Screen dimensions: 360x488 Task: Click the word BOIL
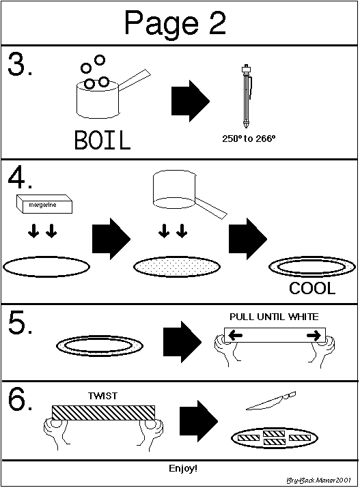point(102,141)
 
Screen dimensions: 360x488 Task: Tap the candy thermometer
point(247,96)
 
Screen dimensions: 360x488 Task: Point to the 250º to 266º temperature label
point(249,139)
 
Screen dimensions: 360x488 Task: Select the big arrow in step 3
point(191,101)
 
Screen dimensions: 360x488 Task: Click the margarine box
point(44,204)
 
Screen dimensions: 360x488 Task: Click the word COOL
point(312,289)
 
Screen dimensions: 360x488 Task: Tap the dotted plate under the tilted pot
point(177,267)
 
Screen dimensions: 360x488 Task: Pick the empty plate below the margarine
point(46,267)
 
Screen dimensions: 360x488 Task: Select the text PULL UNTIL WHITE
point(274,317)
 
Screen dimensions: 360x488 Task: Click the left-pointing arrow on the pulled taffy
point(236,335)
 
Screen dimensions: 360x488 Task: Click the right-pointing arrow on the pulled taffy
point(314,335)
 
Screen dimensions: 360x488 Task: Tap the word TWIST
point(102,396)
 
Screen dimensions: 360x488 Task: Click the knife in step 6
point(271,401)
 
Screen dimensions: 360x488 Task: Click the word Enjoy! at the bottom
point(183,468)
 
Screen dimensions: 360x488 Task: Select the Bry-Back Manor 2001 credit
point(318,480)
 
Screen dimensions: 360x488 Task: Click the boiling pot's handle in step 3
point(135,80)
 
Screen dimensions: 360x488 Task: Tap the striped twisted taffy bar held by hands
point(103,413)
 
